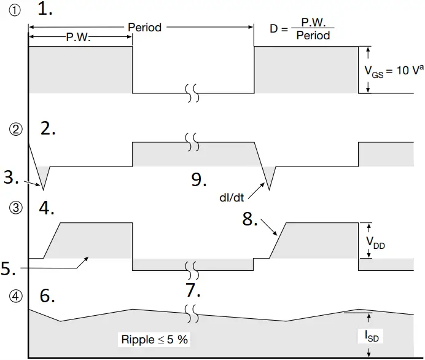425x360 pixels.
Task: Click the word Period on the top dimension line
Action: coord(145,28)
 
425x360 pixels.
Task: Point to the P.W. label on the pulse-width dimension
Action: coord(79,38)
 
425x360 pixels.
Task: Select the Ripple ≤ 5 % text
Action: coord(154,339)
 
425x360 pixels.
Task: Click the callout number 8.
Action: coord(249,219)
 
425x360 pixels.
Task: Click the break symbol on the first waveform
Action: coord(193,93)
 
